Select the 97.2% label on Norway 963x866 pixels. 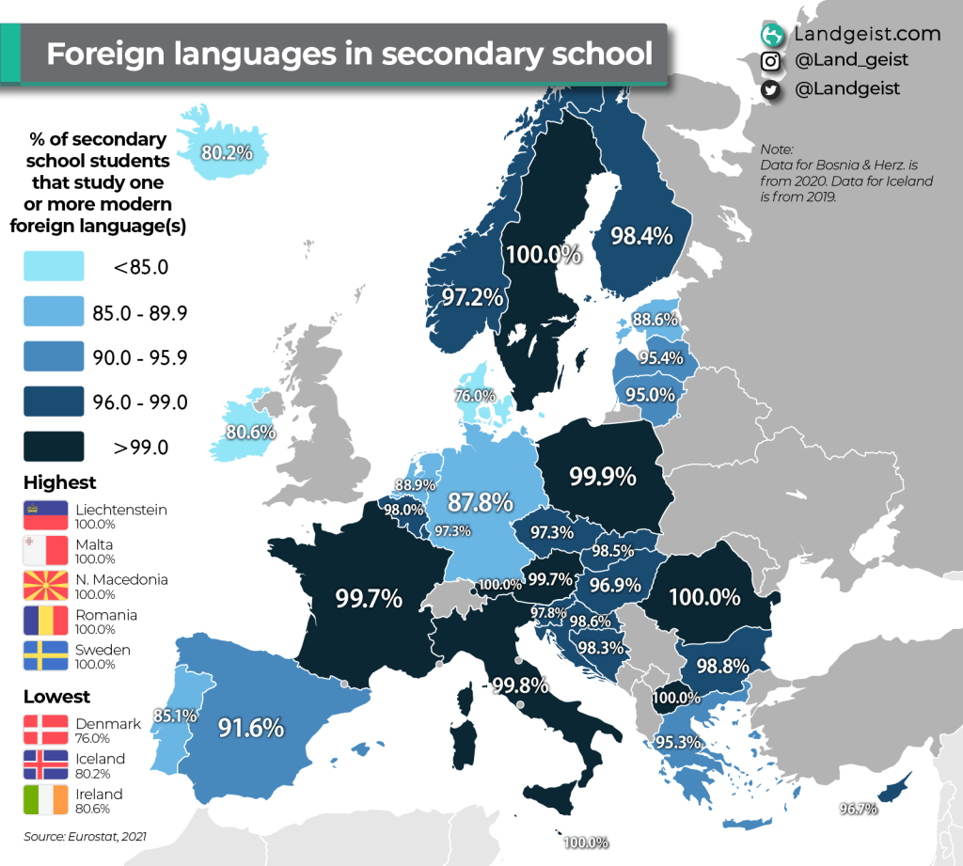click(474, 298)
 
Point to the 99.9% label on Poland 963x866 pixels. click(603, 477)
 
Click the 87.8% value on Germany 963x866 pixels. click(480, 500)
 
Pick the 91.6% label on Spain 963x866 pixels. click(250, 728)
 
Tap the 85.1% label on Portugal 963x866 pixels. click(175, 715)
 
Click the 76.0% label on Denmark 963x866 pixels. click(475, 396)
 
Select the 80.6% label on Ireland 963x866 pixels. click(250, 433)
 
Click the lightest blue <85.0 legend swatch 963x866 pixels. click(55, 267)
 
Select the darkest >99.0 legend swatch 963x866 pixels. click(55, 447)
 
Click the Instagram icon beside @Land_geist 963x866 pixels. click(771, 61)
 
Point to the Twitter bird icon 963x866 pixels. click(771, 88)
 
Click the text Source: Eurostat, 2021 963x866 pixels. click(86, 836)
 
